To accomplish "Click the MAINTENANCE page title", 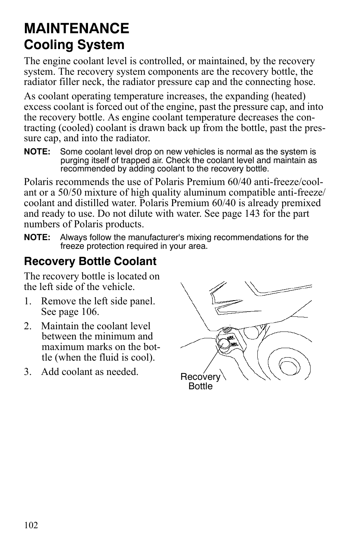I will [76, 28].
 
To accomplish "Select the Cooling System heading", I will [74, 45].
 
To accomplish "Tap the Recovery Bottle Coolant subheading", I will [90, 261].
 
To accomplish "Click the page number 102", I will [31, 525].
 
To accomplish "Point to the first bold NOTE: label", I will [37, 152].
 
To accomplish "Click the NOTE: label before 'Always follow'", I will [37, 237].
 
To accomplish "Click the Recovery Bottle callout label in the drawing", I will [200, 381].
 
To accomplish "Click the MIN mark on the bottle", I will [234, 344].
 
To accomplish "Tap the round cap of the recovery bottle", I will [223, 343].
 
